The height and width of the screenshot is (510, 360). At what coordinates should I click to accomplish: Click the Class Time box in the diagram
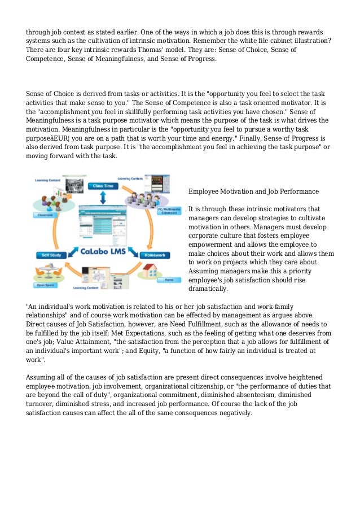[102, 186]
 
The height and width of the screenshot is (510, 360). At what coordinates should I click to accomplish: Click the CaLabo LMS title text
[103, 251]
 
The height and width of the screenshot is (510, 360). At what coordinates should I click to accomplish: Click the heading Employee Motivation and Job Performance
[253, 191]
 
